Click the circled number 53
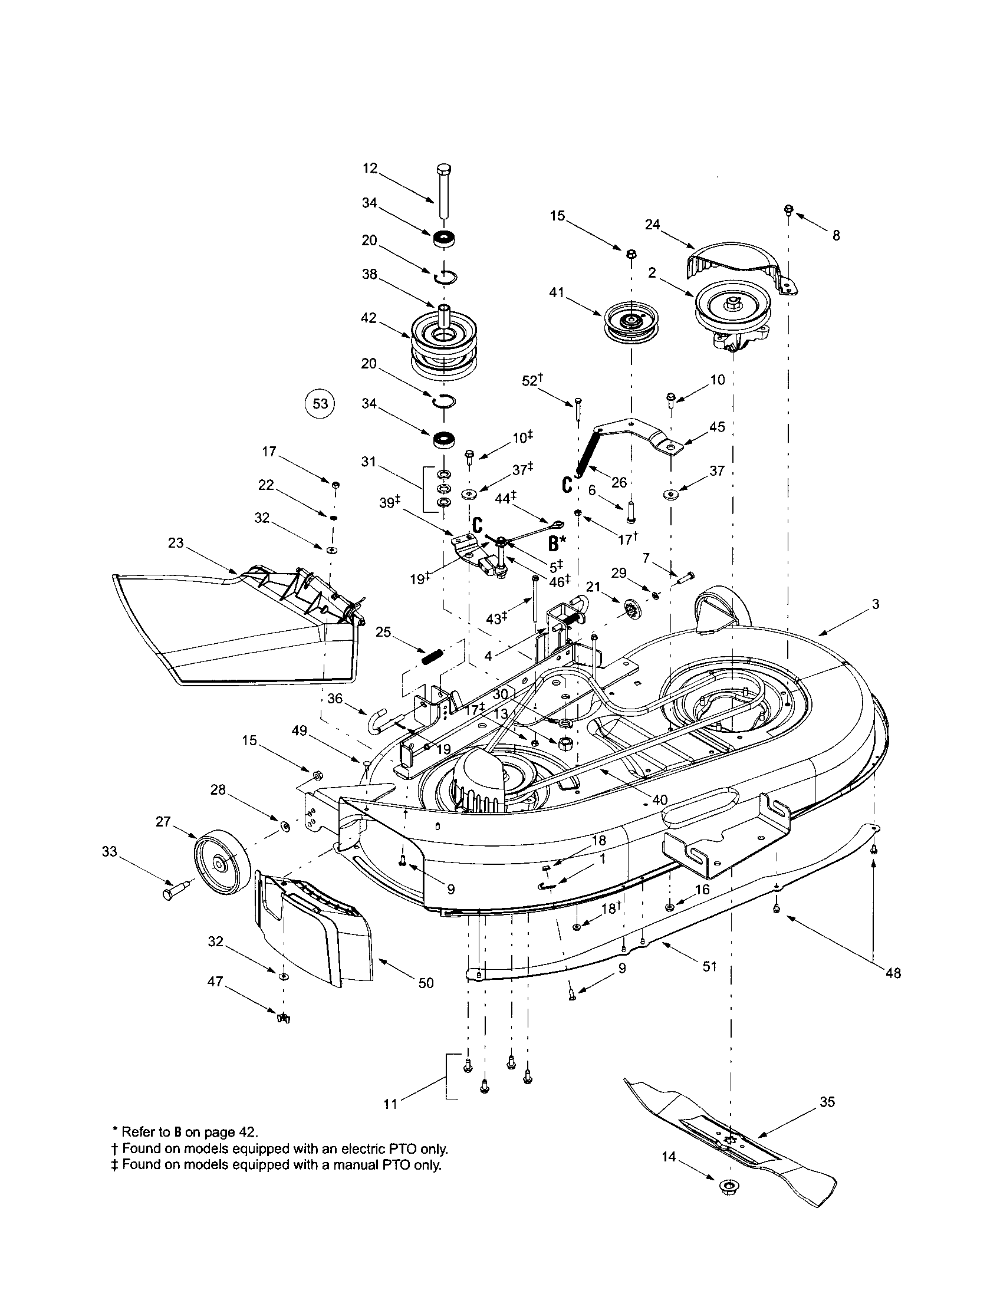point(320,404)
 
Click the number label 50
point(426,983)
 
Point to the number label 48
point(893,973)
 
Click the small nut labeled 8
point(789,210)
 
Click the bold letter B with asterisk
point(556,543)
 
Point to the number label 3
point(876,604)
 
